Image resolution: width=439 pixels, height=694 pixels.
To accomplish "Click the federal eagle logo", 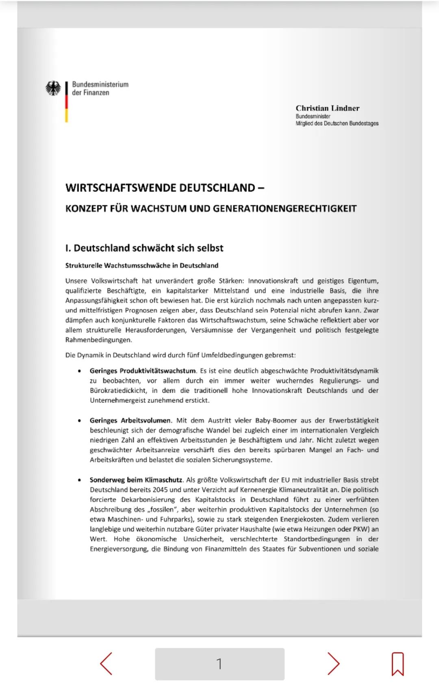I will [53, 88].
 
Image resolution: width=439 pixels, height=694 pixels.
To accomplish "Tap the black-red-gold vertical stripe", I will [66, 102].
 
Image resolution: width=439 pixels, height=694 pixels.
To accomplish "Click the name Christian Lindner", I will [327, 108].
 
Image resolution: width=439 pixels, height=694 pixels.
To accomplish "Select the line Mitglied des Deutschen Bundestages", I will [337, 123].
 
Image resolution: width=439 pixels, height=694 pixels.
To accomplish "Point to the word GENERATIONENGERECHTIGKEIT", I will [285, 209].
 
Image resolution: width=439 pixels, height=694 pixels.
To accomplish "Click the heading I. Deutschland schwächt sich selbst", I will [144, 248].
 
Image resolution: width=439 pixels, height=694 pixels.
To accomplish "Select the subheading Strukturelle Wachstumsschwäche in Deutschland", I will [142, 266].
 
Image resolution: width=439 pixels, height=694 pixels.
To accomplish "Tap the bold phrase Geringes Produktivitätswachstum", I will [143, 371].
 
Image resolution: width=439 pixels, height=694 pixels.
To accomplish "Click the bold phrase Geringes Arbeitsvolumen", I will [131, 420].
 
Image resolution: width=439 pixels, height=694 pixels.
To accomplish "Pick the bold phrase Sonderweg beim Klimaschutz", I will [136, 480].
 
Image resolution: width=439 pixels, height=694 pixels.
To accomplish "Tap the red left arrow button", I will [106, 664].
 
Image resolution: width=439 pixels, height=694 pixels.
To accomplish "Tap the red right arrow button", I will [333, 664].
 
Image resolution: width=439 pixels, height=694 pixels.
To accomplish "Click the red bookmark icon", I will [398, 664].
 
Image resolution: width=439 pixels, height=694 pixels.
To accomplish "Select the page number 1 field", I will [219, 664].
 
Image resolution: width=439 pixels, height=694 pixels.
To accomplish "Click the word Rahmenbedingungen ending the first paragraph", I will [98, 340].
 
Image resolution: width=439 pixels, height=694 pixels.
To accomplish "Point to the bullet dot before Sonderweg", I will [79, 480].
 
